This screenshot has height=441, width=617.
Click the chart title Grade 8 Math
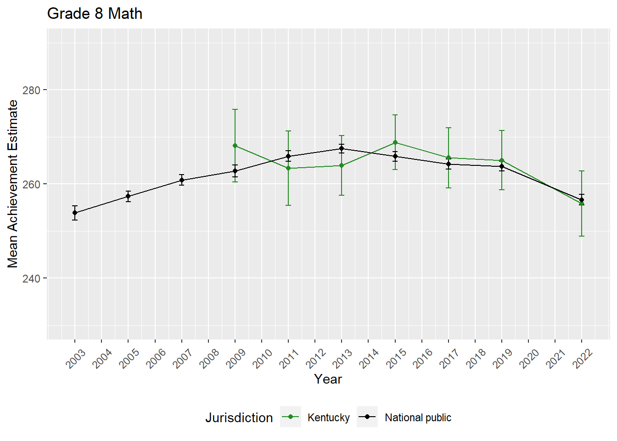pyautogui.click(x=95, y=14)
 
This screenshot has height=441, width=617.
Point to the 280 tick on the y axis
pyautogui.click(x=34, y=90)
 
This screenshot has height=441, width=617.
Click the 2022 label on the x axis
pyautogui.click(x=583, y=358)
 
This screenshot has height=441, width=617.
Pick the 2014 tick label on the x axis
pyautogui.click(x=369, y=358)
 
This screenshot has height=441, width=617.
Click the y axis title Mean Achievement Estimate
pyautogui.click(x=13, y=184)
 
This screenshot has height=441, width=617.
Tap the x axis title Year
pyautogui.click(x=328, y=379)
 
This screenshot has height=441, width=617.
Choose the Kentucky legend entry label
pyautogui.click(x=328, y=418)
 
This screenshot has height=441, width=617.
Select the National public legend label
pyautogui.click(x=418, y=418)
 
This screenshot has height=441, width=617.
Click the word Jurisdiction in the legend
pyautogui.click(x=239, y=418)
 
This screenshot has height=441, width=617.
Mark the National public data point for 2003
pyautogui.click(x=75, y=213)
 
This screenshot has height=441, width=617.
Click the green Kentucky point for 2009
pyautogui.click(x=235, y=146)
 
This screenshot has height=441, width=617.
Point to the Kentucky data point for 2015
pyautogui.click(x=395, y=142)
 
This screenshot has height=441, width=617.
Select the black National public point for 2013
pyautogui.click(x=342, y=148)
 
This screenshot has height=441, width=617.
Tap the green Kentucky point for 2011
pyautogui.click(x=288, y=168)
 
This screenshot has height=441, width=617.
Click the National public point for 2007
pyautogui.click(x=182, y=180)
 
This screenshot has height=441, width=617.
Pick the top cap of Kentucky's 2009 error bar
pyautogui.click(x=235, y=109)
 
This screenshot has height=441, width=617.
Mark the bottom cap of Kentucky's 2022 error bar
pyautogui.click(x=582, y=236)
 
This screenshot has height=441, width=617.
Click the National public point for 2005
pyautogui.click(x=128, y=196)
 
